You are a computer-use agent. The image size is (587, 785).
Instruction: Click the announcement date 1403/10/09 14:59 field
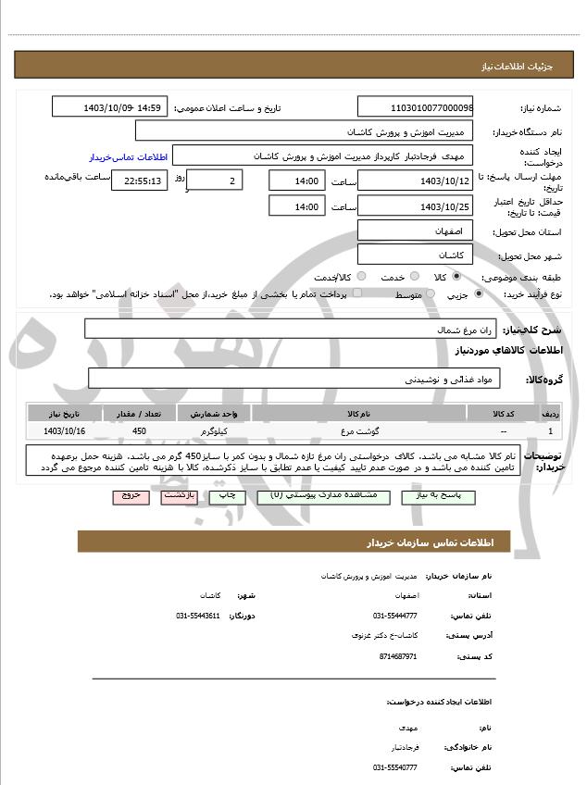109,107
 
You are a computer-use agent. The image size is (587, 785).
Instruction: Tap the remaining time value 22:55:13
139,180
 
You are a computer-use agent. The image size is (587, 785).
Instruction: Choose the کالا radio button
456,276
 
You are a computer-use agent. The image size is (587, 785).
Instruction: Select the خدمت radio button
413,276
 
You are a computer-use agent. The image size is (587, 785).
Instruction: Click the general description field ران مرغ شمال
290,329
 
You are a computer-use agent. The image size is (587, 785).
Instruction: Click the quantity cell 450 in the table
139,431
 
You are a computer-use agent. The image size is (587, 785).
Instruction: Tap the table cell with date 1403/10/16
64,431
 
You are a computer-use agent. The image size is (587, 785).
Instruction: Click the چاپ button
225,496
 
